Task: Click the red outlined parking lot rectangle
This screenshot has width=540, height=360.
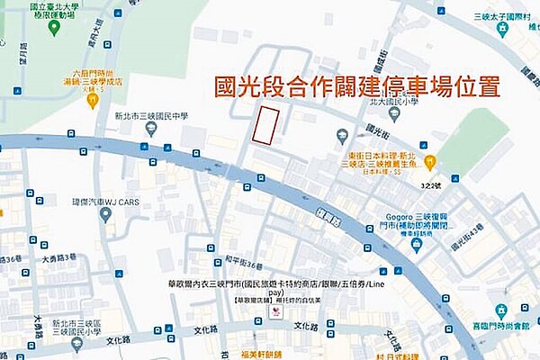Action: coord(264,125)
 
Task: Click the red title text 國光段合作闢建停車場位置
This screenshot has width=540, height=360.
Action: coord(356,86)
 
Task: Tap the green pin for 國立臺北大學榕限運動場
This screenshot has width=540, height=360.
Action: coord(54,28)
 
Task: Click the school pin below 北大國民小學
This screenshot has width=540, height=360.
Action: coord(342,136)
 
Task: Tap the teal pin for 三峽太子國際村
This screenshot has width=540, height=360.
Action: coord(502,30)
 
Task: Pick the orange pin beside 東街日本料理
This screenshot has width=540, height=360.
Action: coord(430,162)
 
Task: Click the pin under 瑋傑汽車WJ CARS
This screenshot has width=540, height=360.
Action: coord(106,214)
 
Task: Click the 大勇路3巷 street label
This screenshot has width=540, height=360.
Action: coord(58,257)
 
